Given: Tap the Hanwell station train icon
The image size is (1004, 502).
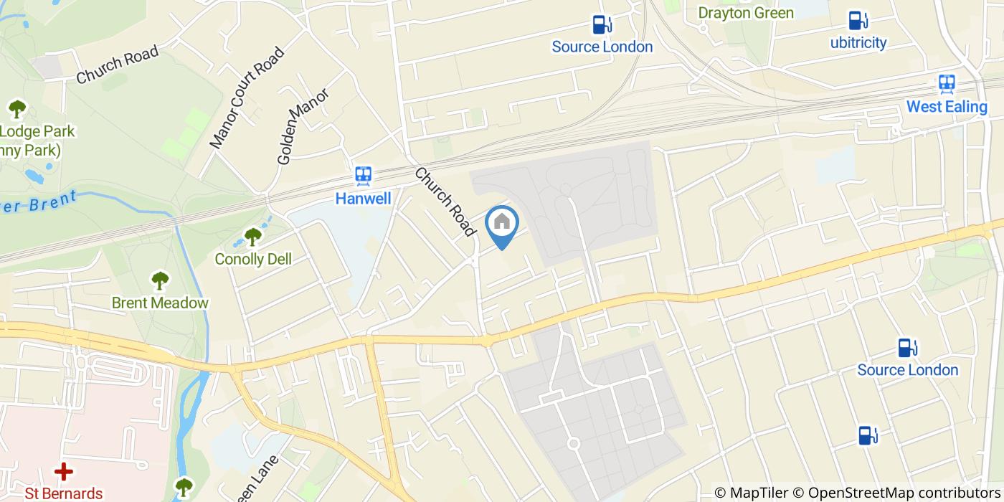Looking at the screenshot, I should point(364,176).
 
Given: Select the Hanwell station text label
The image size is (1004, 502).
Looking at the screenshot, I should point(364,198).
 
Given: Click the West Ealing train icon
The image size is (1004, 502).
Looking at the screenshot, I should point(947,85).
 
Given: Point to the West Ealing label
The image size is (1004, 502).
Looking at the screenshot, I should point(947,107).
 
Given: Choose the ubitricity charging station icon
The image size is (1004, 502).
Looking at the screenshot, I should point(856,20).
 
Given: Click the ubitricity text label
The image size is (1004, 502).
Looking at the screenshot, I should point(858,42).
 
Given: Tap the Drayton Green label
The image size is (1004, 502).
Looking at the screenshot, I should point(746,13).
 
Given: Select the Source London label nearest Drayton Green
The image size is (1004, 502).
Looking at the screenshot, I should point(602,47).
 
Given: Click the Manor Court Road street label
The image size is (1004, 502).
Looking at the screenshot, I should point(247,98).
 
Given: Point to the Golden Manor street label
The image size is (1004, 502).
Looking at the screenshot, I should point(303,126).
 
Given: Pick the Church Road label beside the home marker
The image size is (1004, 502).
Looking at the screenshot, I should point(445,202).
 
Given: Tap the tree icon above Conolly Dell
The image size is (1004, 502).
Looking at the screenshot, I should point(252,236).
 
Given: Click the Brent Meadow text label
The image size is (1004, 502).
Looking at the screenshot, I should point(160,303).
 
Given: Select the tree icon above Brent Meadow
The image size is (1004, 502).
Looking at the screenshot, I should point(159,280).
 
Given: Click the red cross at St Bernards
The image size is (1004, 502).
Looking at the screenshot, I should point(64,471).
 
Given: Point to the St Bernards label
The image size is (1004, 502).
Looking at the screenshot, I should point(64,493).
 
